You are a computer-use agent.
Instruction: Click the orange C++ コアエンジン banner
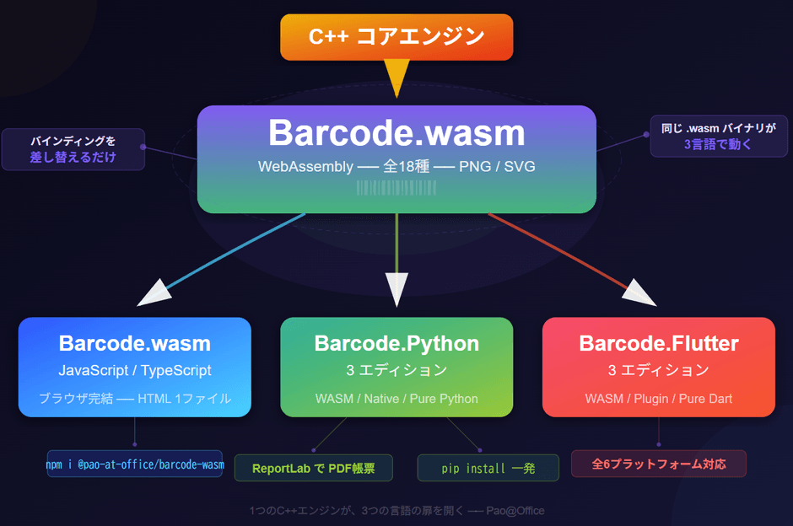[396, 37]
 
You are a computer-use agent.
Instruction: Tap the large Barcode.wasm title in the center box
[396, 133]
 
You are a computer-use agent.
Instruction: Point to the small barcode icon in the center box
[396, 187]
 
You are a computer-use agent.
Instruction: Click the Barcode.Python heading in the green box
[396, 343]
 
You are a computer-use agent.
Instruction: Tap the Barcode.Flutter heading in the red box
[658, 343]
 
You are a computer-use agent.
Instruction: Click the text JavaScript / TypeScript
[135, 370]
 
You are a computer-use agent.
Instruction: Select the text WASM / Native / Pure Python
[396, 399]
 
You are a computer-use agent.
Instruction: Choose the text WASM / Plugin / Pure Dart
[658, 399]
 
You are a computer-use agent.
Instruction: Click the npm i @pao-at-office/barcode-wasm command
[135, 464]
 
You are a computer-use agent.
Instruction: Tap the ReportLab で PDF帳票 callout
[313, 469]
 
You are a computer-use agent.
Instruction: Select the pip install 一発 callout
[488, 469]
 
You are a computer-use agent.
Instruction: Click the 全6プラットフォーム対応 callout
[658, 464]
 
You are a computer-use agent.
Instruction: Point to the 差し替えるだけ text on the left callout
[73, 157]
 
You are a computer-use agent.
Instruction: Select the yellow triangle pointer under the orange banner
[396, 78]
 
